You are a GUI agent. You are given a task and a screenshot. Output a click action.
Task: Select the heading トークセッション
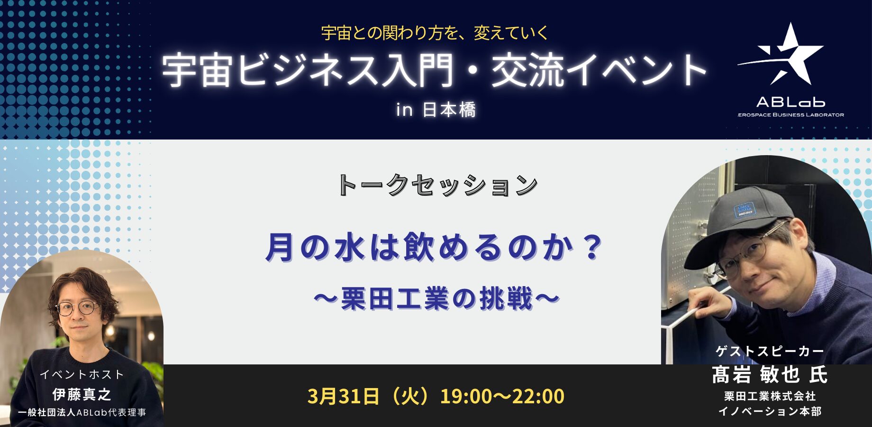(x=437, y=185)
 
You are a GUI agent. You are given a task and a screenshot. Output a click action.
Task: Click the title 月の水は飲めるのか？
(x=434, y=247)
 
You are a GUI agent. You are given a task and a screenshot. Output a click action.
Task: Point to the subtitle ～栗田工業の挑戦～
(x=436, y=299)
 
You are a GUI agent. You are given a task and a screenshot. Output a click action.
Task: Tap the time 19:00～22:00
(x=502, y=396)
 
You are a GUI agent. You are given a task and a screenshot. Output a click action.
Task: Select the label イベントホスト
(x=82, y=374)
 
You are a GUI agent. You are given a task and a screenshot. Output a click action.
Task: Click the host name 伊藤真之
(x=82, y=394)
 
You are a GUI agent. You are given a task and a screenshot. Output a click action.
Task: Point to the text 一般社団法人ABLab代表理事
(x=82, y=412)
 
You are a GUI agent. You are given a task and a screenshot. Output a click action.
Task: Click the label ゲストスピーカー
(x=770, y=351)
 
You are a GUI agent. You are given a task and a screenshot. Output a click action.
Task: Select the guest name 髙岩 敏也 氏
(x=770, y=375)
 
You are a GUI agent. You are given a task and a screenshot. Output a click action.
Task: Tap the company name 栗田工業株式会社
(x=770, y=396)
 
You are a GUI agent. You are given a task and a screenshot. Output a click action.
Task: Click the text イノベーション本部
(x=770, y=411)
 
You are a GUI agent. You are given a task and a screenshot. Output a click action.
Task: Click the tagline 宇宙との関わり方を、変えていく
(x=435, y=33)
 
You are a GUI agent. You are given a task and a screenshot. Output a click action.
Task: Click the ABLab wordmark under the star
(x=790, y=102)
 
